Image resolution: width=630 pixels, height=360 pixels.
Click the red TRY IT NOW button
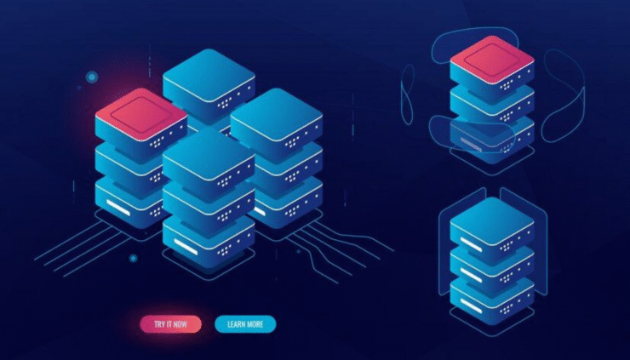[x=171, y=324]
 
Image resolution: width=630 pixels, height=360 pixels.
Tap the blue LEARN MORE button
[x=245, y=324]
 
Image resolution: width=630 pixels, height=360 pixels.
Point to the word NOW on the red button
[x=180, y=324]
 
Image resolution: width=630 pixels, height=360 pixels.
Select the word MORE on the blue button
[x=255, y=324]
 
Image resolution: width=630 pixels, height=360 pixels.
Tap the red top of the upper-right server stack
[x=492, y=59]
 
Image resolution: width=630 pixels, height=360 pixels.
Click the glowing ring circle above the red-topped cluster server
[x=92, y=77]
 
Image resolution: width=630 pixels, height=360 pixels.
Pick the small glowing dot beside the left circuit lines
[x=134, y=259]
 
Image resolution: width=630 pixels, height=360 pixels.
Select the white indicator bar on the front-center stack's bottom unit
[x=186, y=246]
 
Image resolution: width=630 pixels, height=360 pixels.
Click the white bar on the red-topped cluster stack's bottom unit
[x=118, y=208]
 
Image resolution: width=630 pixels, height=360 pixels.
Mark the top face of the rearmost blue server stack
[x=209, y=75]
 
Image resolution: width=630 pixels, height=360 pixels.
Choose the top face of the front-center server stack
[x=209, y=153]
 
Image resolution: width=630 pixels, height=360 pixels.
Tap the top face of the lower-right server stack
[x=492, y=221]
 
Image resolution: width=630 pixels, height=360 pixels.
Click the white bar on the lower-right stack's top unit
[x=471, y=244]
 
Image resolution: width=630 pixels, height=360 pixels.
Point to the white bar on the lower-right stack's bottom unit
[x=471, y=306]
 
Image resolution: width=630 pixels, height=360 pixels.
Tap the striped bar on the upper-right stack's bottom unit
[x=471, y=145]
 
